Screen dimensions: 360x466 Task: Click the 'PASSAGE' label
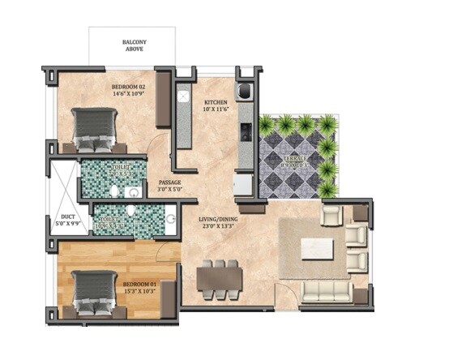(169, 182)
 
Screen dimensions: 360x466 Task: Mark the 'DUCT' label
(68, 217)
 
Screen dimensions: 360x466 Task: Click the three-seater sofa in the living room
(327, 289)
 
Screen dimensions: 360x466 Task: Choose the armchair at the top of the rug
(331, 215)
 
